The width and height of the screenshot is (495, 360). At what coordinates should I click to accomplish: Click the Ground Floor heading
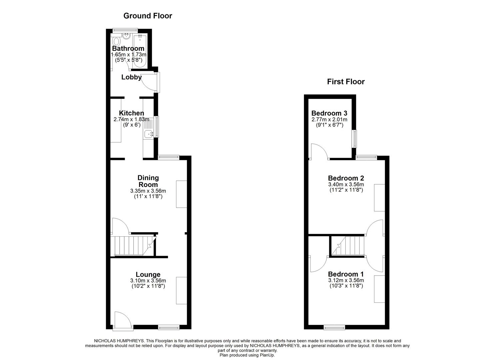point(148,16)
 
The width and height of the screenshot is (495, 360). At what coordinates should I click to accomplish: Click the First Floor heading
point(346,82)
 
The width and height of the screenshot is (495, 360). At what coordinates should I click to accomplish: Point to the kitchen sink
point(148,134)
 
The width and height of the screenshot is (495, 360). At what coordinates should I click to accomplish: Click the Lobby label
point(131,77)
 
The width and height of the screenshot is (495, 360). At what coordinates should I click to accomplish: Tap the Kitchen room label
point(131,113)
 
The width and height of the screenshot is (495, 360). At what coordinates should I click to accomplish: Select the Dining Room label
point(148,181)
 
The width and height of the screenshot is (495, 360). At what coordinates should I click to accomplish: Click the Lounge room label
point(148,275)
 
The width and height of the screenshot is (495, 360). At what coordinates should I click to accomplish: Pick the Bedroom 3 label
point(329,113)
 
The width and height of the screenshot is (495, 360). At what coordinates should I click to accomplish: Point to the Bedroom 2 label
point(346,178)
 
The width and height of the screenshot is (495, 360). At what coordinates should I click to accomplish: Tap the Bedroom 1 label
point(346,274)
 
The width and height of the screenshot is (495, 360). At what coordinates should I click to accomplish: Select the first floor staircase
point(348,246)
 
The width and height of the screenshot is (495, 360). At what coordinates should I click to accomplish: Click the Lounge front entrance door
point(122,320)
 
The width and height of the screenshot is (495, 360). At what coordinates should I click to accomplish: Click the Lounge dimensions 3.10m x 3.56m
point(148,281)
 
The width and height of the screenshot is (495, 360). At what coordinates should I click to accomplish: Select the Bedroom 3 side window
point(355,139)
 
